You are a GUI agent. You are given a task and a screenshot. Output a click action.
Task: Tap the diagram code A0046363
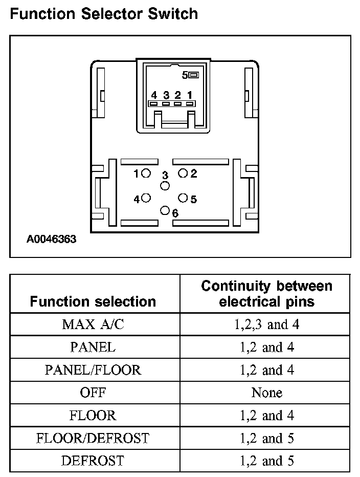(52, 238)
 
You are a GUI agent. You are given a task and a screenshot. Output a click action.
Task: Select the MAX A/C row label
(93, 324)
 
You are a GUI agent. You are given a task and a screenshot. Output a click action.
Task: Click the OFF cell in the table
(93, 393)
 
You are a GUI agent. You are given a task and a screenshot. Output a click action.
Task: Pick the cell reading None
(266, 393)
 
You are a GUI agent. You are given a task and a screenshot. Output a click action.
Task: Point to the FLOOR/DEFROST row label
(93, 438)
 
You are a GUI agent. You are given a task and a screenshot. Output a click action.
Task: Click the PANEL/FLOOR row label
(93, 370)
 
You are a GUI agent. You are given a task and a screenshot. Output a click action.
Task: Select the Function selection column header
(93, 301)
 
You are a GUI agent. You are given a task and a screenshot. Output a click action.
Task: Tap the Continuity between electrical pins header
(266, 293)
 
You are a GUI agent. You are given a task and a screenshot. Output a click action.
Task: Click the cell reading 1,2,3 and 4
(266, 324)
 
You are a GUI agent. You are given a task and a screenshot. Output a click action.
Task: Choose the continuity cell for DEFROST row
(266, 461)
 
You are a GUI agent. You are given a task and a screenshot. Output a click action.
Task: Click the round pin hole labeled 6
(165, 210)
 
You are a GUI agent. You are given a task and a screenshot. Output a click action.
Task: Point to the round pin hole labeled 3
(165, 186)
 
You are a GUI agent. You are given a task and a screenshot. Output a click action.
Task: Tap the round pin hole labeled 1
(146, 174)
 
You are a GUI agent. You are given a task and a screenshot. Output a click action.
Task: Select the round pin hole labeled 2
(183, 174)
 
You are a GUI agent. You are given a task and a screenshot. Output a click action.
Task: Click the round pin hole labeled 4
(146, 198)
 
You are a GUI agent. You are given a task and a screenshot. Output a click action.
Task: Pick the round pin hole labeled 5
(183, 198)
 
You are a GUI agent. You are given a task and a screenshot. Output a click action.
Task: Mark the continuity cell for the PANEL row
(266, 347)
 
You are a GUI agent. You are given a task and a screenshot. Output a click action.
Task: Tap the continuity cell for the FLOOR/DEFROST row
(266, 438)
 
